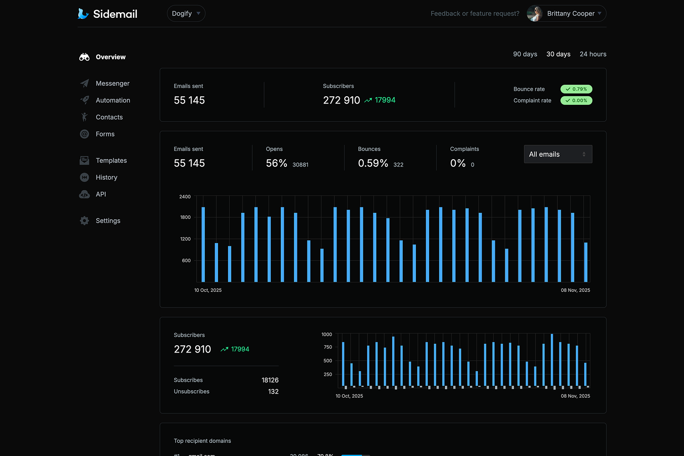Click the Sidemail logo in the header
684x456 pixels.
108,14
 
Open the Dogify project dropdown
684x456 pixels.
186,14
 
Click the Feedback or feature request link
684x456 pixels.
475,14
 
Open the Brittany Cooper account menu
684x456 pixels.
566,14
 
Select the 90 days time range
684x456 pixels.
525,54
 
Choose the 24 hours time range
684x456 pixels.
593,54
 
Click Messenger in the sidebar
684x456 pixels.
112,83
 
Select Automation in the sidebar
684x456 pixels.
113,100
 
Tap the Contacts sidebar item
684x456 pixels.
109,117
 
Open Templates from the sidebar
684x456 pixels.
111,161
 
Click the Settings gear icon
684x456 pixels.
84,221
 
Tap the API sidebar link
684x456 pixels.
101,194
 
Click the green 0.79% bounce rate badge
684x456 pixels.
576,89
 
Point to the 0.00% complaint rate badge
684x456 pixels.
576,101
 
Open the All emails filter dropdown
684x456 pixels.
558,154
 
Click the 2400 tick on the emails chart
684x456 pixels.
185,197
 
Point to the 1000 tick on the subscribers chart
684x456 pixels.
326,335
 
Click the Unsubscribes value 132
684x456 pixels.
273,392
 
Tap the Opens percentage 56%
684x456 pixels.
276,163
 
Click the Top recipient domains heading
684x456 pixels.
202,441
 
